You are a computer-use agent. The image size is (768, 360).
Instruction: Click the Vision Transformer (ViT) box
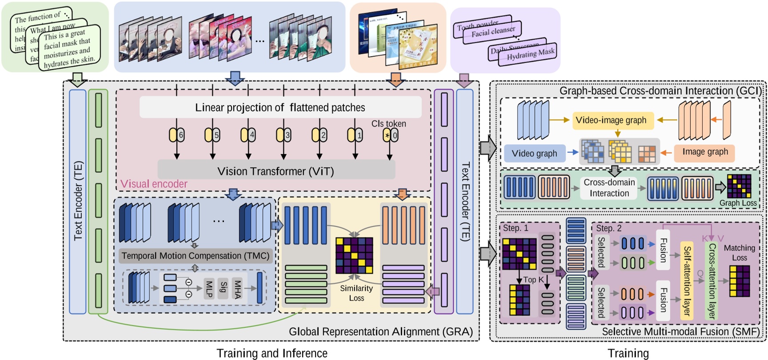click(x=276, y=171)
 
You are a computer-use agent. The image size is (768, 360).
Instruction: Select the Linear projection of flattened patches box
click(x=280, y=108)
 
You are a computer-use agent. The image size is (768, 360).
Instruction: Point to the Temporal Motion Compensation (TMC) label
click(x=195, y=256)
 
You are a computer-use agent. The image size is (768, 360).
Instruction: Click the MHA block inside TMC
click(x=238, y=288)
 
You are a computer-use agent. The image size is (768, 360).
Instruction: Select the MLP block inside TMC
click(x=209, y=288)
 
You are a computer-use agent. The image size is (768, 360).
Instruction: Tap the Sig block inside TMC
click(x=224, y=288)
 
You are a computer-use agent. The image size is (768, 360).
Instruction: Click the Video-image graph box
click(x=611, y=120)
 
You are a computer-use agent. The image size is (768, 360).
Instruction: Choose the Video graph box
click(x=534, y=153)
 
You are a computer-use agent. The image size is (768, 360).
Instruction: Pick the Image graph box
click(x=705, y=152)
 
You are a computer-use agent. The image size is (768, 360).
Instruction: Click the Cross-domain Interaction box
click(x=609, y=188)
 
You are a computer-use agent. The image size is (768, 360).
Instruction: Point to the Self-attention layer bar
click(x=687, y=280)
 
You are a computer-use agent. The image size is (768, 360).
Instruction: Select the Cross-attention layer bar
click(x=711, y=281)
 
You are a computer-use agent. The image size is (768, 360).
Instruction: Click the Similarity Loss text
click(x=356, y=293)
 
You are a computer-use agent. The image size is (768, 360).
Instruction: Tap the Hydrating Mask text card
click(x=530, y=55)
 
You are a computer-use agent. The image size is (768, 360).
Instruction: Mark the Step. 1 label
click(x=516, y=228)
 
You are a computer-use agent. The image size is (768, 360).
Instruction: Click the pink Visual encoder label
click(x=154, y=184)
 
